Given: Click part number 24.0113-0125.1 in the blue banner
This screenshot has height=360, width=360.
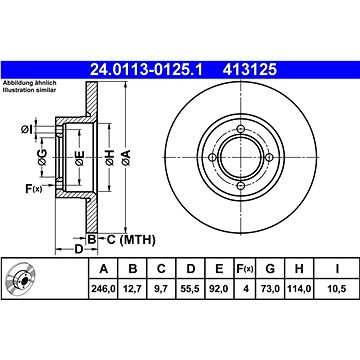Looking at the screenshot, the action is coord(146,70).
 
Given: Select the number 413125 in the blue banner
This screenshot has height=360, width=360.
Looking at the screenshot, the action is coord(250,70).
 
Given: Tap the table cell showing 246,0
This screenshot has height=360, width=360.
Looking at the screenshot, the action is coord(104,289).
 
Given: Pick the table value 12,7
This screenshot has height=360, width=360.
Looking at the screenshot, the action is coord(132,289).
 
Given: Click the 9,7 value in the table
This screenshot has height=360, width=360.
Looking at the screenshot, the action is coord(161,289).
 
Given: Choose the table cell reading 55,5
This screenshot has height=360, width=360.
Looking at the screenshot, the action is coord(190,289).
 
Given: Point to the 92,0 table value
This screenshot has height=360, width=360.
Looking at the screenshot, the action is coord(219,289).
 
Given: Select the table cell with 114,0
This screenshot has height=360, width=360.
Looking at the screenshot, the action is coord(299,289).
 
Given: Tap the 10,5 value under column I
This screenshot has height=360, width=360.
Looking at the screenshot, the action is coord(337,289).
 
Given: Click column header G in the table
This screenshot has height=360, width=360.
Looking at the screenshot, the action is coord(270,268).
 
